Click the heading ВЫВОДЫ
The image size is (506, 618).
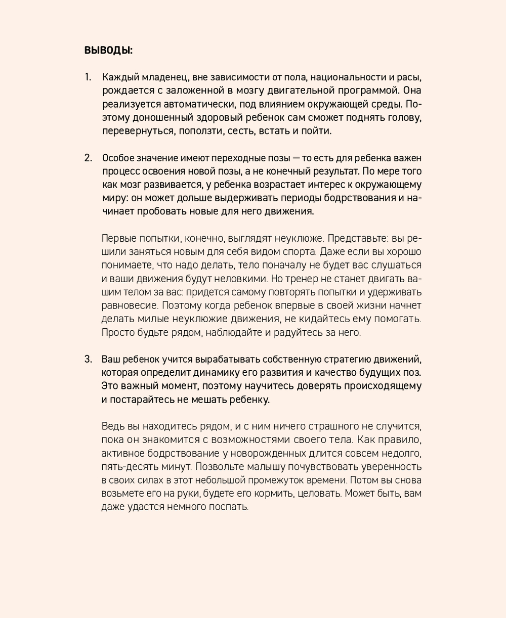coord(108,51)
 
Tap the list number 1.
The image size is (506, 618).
coord(88,77)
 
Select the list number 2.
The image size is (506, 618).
coord(88,157)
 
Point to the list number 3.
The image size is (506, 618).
coord(88,359)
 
